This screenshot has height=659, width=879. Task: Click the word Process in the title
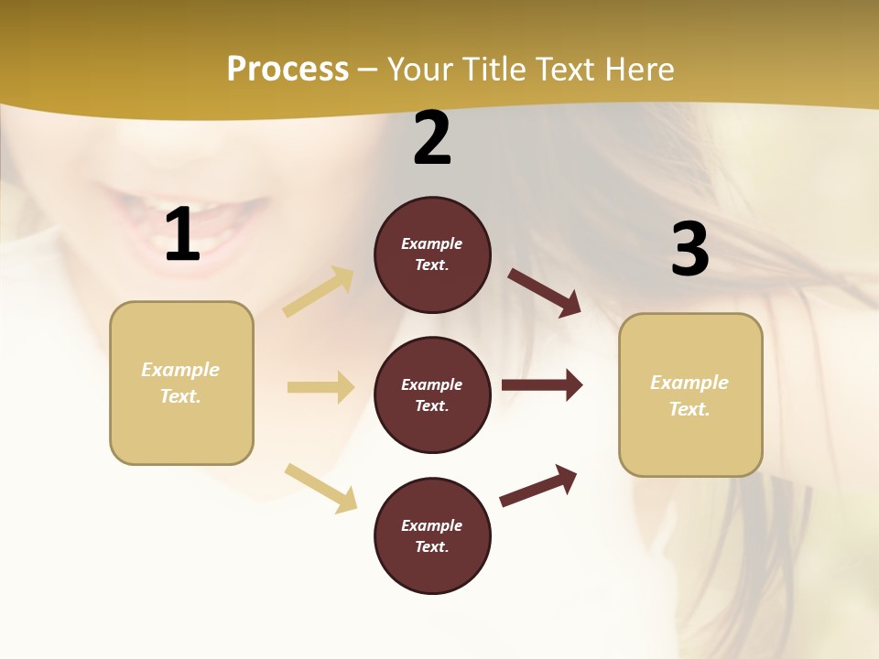288,70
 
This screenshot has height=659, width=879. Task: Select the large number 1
182,235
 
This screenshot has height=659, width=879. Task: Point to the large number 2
432,139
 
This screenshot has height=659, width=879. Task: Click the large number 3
689,250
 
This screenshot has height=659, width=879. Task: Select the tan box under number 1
181,383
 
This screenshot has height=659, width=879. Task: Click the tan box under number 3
690,395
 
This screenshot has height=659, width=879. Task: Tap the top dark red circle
432,254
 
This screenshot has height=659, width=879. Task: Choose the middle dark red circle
432,395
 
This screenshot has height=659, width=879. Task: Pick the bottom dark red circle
432,536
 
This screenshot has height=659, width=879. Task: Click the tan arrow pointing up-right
319,292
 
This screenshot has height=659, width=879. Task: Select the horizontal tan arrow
320,387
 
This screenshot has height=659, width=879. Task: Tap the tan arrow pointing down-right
320,488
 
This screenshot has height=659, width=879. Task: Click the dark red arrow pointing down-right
545,292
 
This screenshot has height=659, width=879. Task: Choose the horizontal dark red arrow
542,385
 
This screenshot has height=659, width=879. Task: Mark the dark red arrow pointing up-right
539,486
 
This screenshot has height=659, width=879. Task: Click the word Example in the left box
180,370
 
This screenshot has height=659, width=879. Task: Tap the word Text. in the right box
689,409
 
